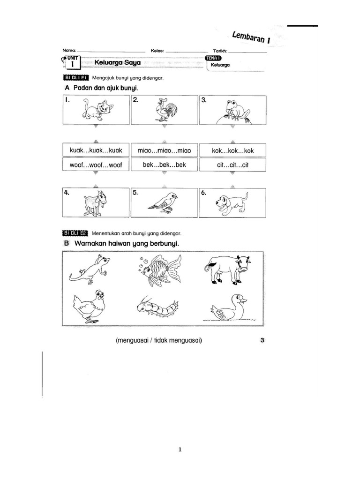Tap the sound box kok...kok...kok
tap(232, 150)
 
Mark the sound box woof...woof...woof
tap(95, 165)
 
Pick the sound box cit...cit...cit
tap(232, 165)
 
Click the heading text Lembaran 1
tap(252, 36)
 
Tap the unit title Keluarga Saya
tap(117, 62)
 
